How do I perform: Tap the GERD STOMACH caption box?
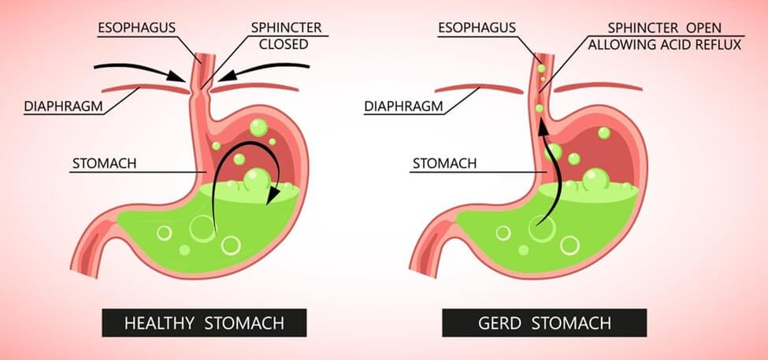click(x=544, y=322)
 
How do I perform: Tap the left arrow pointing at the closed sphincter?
click(x=134, y=70)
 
